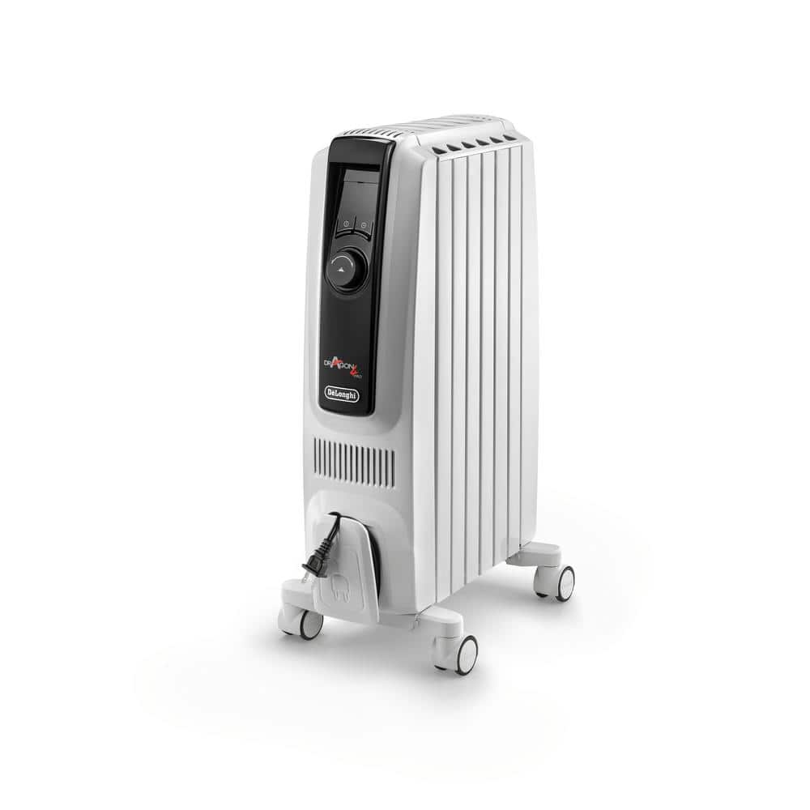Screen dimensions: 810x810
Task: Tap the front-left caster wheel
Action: (x=310, y=625)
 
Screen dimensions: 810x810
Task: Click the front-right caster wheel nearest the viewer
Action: (x=465, y=654)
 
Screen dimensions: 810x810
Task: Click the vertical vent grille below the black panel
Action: (x=355, y=464)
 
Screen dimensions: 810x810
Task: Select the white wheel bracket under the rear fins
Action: (x=535, y=556)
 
